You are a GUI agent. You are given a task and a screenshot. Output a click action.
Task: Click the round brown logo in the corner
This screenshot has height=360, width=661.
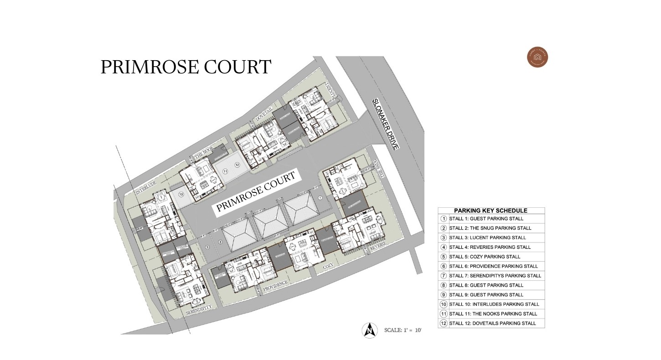[x=537, y=58]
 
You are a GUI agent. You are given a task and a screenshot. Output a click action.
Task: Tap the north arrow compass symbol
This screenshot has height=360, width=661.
[x=370, y=330]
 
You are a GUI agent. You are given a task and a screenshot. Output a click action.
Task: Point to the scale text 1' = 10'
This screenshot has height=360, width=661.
[x=403, y=330]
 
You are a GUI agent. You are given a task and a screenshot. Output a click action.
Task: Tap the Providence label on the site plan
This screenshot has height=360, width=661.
[x=275, y=285]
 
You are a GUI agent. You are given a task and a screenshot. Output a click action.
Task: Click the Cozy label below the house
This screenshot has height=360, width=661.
[x=328, y=266]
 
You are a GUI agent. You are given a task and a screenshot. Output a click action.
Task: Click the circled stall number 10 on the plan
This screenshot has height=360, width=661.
[x=181, y=195]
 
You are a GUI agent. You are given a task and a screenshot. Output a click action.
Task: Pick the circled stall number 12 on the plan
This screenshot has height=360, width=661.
[x=237, y=165]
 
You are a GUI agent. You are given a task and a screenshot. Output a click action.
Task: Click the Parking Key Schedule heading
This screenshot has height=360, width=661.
[x=491, y=211]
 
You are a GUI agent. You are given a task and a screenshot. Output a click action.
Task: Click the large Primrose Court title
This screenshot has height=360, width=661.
[x=186, y=67]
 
